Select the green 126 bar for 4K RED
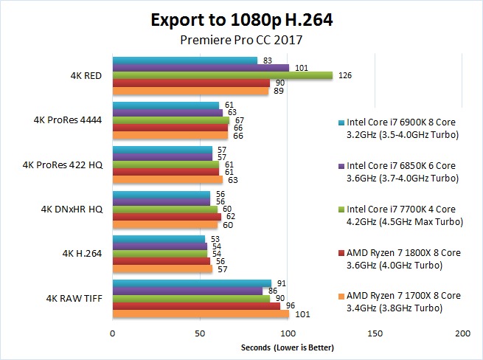coord(222,75)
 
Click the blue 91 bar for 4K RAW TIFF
coord(192,283)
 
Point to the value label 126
coord(344,75)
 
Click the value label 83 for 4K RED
coord(267,60)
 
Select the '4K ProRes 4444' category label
coord(68,120)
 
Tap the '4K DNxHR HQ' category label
coord(72,209)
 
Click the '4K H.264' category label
coord(83,253)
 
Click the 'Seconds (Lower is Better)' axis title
coord(288,347)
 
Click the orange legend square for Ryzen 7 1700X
coord(341,296)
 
